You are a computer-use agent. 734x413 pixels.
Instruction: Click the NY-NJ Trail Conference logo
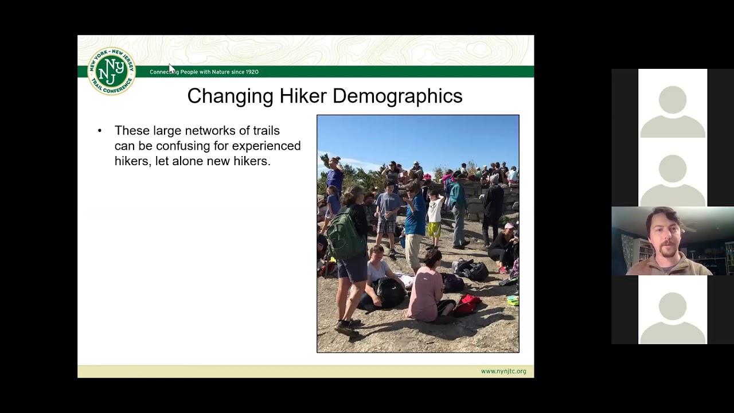click(x=111, y=71)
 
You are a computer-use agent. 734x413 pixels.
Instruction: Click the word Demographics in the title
click(x=397, y=96)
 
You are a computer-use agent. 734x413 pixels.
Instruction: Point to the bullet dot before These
click(x=100, y=131)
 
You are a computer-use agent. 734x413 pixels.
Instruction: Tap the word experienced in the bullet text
click(x=266, y=146)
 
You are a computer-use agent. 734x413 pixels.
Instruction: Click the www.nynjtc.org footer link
click(x=503, y=371)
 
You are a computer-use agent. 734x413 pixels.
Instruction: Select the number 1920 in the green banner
click(x=252, y=72)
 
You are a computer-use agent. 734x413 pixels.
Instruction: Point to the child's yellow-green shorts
click(x=434, y=229)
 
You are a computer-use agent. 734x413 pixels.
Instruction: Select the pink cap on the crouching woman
click(x=509, y=226)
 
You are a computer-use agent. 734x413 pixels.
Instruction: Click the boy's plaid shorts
click(x=386, y=227)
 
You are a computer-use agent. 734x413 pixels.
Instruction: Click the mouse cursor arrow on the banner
click(x=171, y=68)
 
